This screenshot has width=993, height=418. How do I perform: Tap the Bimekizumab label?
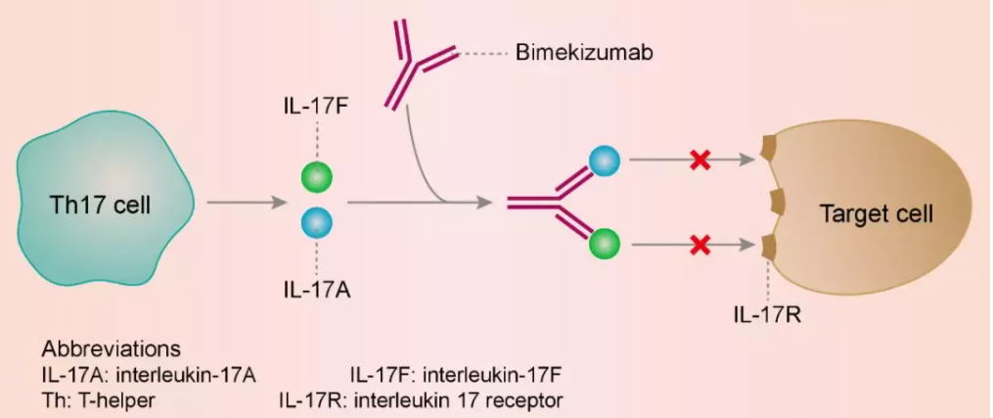(584, 52)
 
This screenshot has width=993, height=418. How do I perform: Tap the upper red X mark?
(700, 160)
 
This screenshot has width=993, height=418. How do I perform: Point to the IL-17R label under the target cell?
(769, 315)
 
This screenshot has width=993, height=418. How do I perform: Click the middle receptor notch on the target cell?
(779, 204)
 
